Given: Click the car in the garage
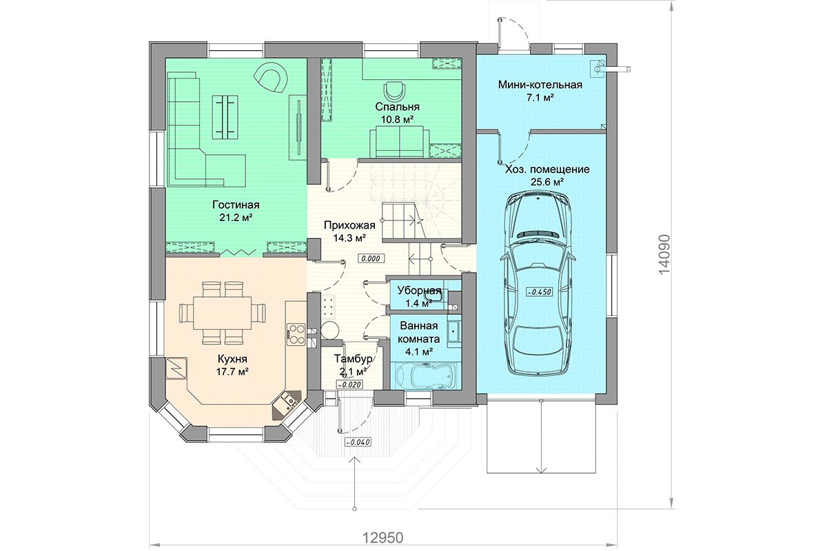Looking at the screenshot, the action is point(540,285).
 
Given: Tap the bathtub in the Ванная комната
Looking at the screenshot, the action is point(426,375).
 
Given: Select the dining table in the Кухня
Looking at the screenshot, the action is point(222,313).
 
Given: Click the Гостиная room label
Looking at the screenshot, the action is point(236,205).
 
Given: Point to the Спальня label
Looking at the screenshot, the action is point(397,107).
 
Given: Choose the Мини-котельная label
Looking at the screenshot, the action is point(540,85).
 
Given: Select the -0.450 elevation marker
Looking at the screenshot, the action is point(540,292).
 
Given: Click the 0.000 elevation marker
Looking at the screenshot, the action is point(371,259).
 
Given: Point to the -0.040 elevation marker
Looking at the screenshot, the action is point(357,442).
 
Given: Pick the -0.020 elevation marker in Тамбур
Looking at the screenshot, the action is point(349,384).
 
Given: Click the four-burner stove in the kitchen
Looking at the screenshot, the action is point(296,334).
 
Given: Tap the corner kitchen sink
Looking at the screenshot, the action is point(287,404).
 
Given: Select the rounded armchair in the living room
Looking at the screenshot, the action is point(272,79).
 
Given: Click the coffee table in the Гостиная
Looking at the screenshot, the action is point(225,117).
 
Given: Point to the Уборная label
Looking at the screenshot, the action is point(420,291).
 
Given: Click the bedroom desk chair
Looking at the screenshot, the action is point(394,90).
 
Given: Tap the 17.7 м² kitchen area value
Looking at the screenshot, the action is point(232,372).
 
